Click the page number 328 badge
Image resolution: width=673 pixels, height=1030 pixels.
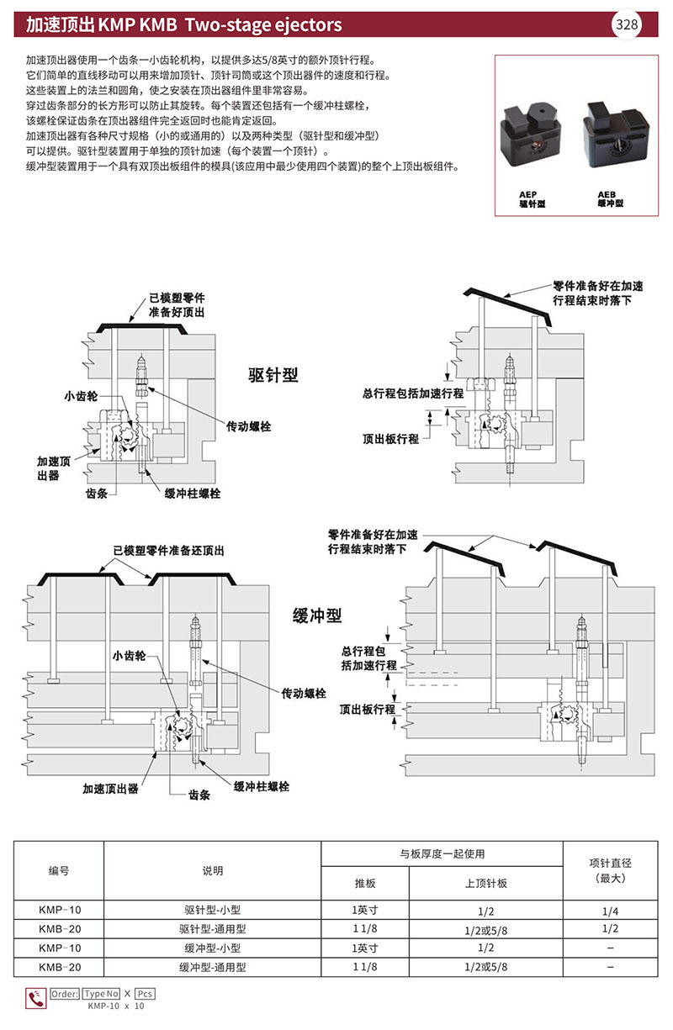click(627, 24)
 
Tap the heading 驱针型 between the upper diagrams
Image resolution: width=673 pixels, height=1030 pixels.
click(273, 375)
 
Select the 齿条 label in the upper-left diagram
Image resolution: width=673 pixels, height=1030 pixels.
click(96, 494)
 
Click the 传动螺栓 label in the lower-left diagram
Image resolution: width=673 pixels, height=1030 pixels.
click(305, 694)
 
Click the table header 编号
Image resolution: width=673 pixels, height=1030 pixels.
click(59, 870)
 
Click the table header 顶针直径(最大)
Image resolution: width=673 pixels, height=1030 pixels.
click(610, 869)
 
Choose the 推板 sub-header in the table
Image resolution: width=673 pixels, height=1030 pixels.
click(365, 883)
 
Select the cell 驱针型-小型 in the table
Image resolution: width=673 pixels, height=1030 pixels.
click(212, 910)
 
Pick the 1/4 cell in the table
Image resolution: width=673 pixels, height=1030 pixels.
click(610, 910)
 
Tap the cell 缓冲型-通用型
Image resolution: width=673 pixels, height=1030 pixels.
click(212, 967)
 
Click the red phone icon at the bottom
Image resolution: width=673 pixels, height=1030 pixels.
click(37, 998)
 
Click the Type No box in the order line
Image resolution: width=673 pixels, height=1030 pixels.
click(102, 993)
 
